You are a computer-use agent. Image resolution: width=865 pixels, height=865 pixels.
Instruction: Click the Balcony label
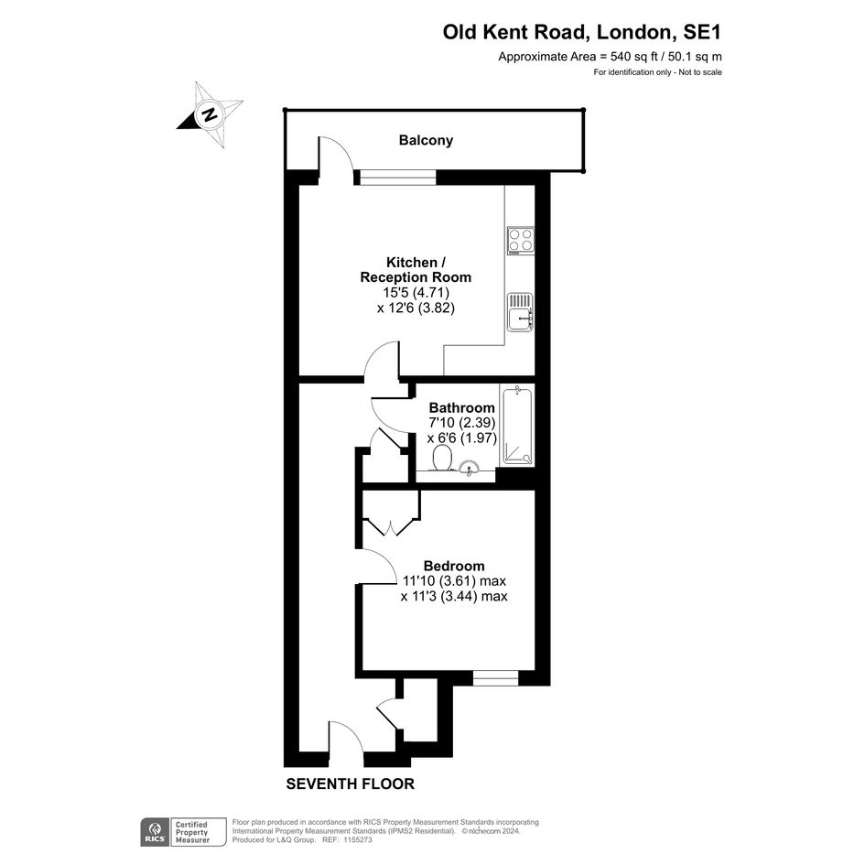[x=426, y=140]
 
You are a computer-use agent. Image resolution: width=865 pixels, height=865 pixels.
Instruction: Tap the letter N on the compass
[x=209, y=114]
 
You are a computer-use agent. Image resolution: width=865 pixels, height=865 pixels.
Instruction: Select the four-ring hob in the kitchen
[x=521, y=241]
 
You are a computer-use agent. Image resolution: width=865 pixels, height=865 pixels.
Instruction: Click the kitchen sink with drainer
[x=520, y=312]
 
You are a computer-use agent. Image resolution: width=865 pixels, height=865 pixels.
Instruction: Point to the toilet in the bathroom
[x=442, y=459]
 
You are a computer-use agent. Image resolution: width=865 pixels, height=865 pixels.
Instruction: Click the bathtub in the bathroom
[x=517, y=426]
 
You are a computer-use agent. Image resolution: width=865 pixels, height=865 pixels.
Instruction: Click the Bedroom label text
[x=454, y=566]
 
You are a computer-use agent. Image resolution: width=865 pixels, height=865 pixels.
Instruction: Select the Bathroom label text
[x=461, y=408]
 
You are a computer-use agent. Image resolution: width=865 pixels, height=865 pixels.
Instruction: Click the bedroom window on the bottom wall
[x=495, y=677]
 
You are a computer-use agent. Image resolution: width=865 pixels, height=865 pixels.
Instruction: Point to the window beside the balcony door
[x=398, y=177]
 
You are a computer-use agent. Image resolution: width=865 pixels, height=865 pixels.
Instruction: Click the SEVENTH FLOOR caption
[x=351, y=784]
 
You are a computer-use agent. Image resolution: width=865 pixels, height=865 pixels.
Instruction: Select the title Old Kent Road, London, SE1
[x=582, y=32]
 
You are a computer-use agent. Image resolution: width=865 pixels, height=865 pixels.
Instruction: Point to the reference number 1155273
[x=357, y=840]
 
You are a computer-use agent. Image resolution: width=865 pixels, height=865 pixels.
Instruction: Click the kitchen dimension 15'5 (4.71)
[x=416, y=292]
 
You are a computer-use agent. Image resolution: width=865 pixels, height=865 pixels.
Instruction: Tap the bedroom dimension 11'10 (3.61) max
[x=454, y=581]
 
